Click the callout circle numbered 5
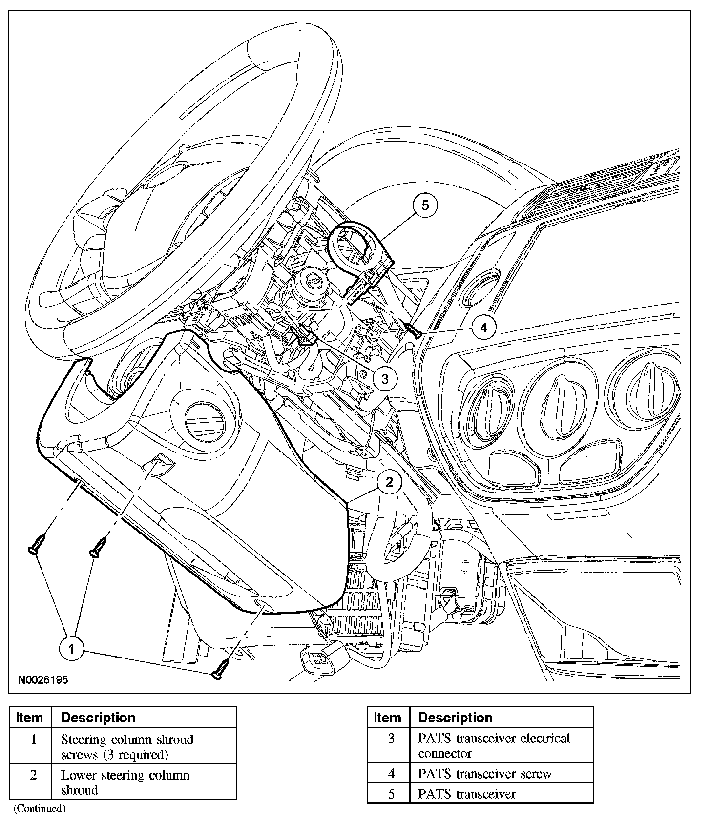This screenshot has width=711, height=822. [x=425, y=205]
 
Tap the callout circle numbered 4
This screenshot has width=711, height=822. [x=483, y=328]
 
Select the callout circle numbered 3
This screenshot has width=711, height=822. [x=385, y=378]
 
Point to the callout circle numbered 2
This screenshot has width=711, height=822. [x=389, y=482]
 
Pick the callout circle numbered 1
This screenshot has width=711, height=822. [x=72, y=649]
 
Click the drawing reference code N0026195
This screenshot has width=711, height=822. [x=43, y=680]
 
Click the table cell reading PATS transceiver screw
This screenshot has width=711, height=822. [x=484, y=774]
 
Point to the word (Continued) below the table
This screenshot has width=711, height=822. [x=39, y=808]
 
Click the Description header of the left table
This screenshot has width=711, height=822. [x=98, y=718]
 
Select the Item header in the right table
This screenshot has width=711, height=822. [x=387, y=718]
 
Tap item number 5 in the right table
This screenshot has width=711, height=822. [x=391, y=794]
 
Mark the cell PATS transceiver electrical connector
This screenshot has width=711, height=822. [x=494, y=745]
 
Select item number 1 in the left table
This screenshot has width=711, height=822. [x=33, y=740]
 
